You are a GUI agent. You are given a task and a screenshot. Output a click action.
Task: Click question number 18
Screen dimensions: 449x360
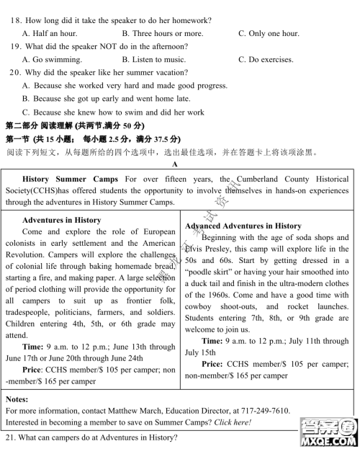[16, 20]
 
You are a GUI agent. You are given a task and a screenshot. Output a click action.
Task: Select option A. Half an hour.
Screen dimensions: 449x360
[50, 33]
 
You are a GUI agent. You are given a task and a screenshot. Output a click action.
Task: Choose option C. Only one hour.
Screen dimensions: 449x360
[269, 33]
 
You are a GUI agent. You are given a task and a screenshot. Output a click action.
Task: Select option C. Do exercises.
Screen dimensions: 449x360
[268, 59]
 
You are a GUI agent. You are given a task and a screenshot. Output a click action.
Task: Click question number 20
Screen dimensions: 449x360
[16, 73]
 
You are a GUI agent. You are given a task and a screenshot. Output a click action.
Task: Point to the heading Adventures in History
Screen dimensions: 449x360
[62, 220]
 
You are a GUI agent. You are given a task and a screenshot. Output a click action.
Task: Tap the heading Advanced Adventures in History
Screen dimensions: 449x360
[243, 226]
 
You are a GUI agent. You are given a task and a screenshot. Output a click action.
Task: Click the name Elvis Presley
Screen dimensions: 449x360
[214, 249]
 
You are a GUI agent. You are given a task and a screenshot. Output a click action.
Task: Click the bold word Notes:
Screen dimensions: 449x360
[17, 399]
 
